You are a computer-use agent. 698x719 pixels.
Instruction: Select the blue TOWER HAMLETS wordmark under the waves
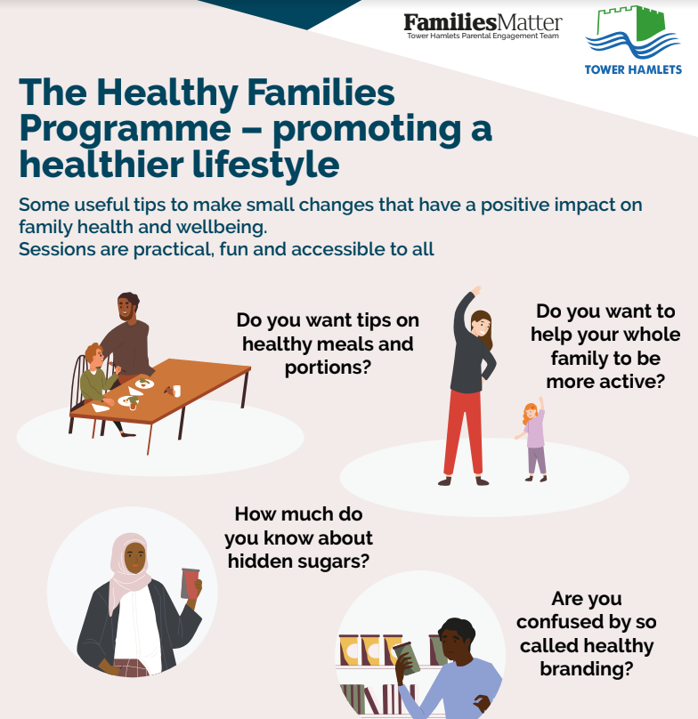pos(633,69)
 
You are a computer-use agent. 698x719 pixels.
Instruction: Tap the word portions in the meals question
pos(328,368)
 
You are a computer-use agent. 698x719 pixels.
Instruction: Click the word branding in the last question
pos(587,669)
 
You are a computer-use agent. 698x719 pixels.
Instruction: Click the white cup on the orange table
pos(176,391)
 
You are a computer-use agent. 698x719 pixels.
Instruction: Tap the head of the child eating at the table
pos(95,355)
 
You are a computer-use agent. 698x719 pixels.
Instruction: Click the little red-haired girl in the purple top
pos(532,440)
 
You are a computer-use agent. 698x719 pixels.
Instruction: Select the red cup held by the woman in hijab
pos(190,584)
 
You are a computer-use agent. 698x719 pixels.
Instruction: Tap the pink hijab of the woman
pos(129,569)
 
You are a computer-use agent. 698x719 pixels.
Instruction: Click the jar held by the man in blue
pos(408,658)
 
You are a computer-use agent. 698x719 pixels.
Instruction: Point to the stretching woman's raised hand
pos(476,291)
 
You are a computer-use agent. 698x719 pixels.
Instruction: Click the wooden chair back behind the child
pos(78,383)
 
